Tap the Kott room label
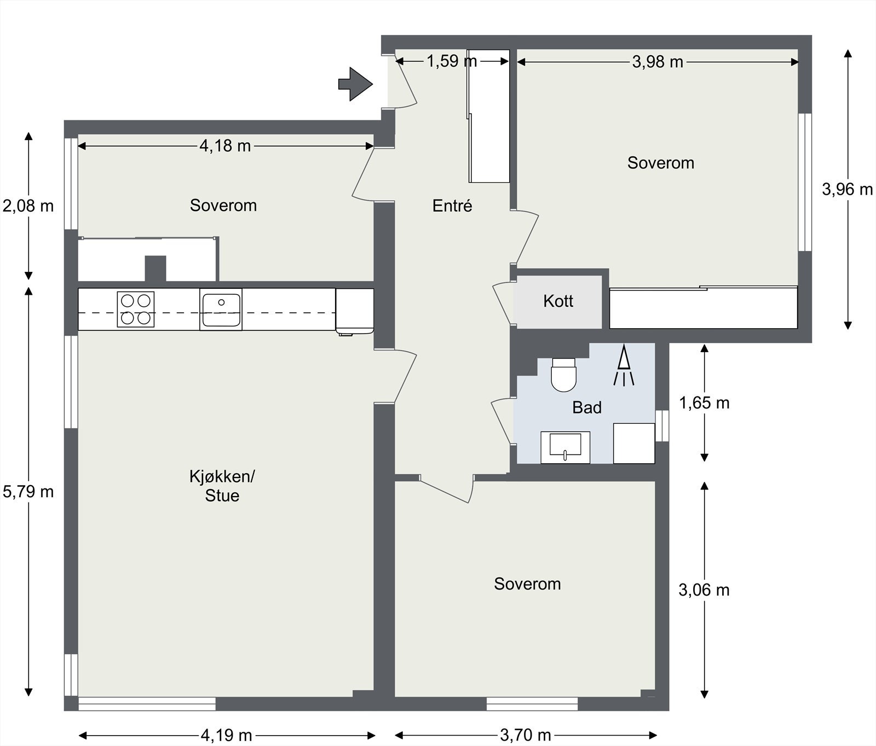tap(558, 301)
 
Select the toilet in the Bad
tap(564, 375)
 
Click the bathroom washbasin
tap(566, 447)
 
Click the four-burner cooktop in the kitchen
tap(136, 309)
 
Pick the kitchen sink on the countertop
tap(221, 310)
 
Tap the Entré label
tap(452, 206)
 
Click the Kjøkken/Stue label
tap(222, 486)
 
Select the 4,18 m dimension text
tap(225, 145)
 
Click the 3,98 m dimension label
tap(658, 62)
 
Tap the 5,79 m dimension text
tap(28, 492)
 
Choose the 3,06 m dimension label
tap(704, 590)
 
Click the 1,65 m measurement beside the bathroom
tap(704, 403)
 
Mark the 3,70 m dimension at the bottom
tap(526, 735)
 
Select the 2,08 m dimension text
tap(28, 206)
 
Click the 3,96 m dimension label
tap(848, 189)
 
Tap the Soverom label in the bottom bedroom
tap(527, 584)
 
